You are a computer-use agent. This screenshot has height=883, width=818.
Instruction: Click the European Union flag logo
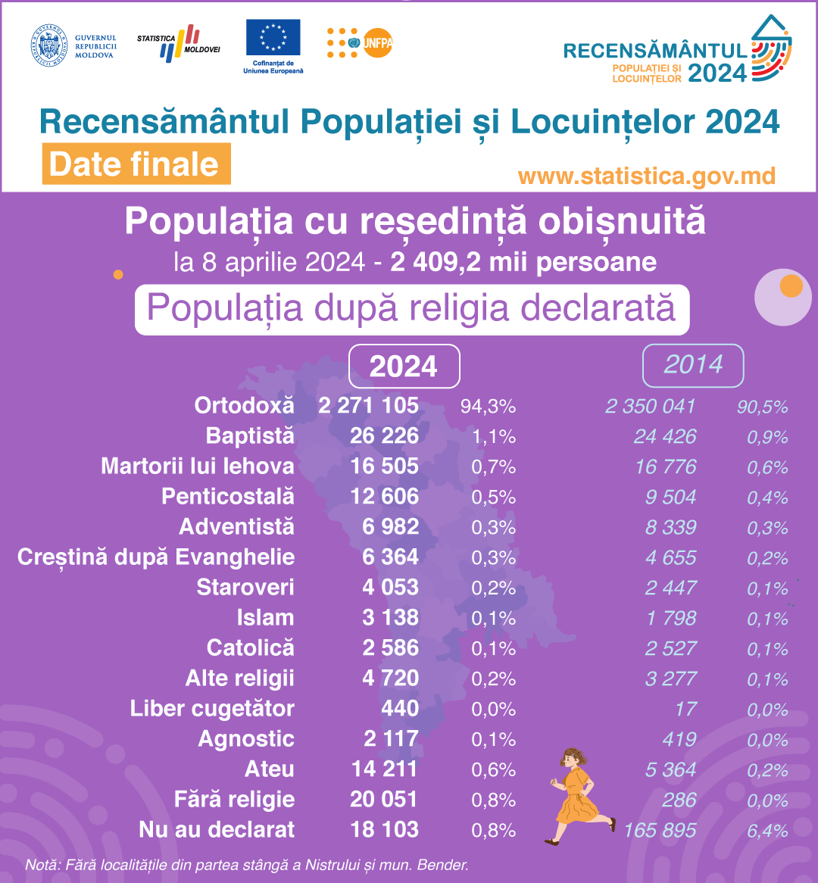click(x=273, y=38)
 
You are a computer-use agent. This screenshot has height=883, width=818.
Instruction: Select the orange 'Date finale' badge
click(x=136, y=164)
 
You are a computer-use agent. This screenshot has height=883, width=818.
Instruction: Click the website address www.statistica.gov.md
click(x=647, y=176)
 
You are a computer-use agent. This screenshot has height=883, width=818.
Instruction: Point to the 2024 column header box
click(x=404, y=367)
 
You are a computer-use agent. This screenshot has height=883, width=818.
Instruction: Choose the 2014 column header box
click(x=693, y=365)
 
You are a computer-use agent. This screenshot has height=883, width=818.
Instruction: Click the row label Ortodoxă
click(x=244, y=406)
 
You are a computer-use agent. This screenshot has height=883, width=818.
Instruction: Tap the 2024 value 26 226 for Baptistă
click(x=384, y=436)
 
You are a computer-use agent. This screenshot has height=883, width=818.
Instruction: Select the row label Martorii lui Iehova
click(x=198, y=466)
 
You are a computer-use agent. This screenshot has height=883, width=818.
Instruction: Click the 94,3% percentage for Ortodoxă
click(x=488, y=407)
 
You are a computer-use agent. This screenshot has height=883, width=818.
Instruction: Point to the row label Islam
click(x=265, y=618)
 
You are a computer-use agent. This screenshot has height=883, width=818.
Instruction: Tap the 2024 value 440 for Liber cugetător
click(x=400, y=709)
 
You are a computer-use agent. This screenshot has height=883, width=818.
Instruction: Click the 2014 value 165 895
click(x=660, y=831)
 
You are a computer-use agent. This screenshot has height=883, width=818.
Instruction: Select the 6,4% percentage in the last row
click(x=767, y=831)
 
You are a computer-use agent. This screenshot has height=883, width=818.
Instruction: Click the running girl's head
click(x=572, y=759)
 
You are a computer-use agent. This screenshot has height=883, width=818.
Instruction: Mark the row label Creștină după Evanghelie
click(x=156, y=557)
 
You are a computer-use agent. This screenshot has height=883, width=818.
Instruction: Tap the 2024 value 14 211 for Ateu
click(x=384, y=769)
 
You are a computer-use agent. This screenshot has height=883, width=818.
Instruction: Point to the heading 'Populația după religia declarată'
click(x=411, y=309)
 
